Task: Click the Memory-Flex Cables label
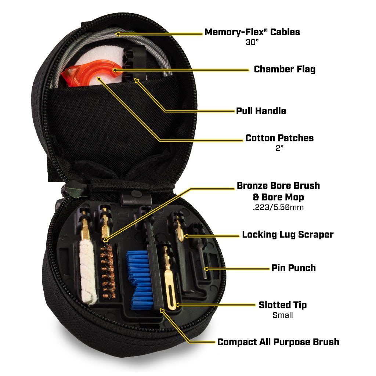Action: [252, 32]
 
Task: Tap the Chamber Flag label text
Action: [284, 69]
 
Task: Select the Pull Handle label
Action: [261, 111]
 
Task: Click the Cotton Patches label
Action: [279, 138]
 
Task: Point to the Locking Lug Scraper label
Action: [288, 234]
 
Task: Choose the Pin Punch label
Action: [293, 268]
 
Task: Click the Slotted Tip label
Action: [282, 305]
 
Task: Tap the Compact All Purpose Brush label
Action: [278, 342]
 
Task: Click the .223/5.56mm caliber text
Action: [278, 207]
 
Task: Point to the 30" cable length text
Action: [252, 42]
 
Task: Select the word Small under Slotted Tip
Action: [282, 315]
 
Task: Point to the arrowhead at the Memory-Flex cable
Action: [117, 34]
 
